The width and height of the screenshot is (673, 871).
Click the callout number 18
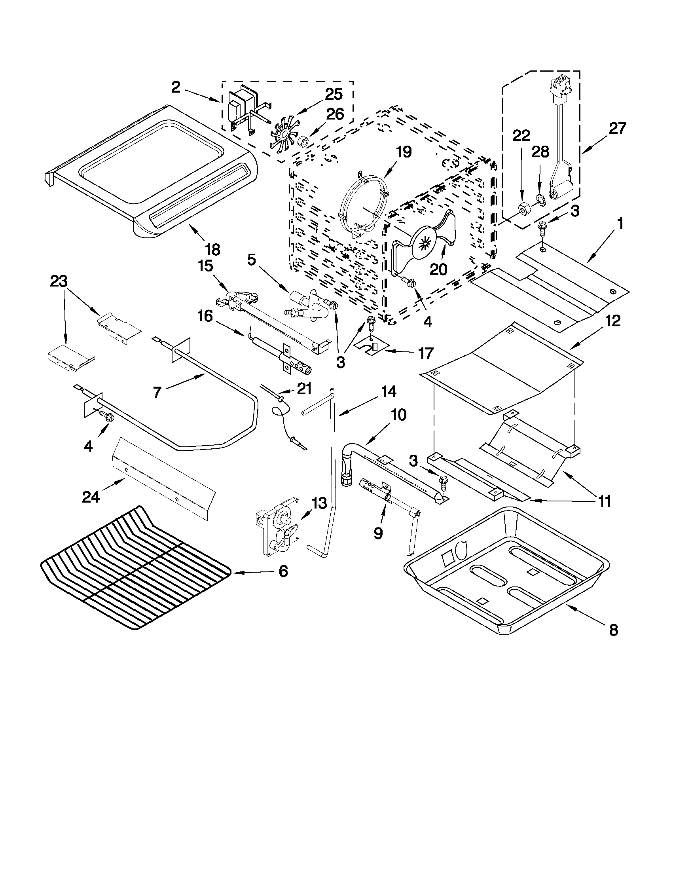[x=212, y=250]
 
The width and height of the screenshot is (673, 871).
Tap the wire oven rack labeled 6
[x=136, y=568]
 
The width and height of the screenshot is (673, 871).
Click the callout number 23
[x=59, y=282]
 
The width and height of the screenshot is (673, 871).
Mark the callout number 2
[x=176, y=87]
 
